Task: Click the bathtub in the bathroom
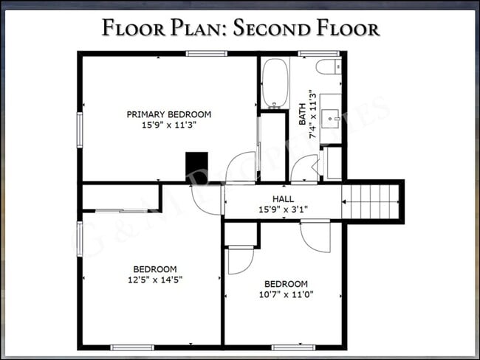(275, 83)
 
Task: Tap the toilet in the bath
(328, 68)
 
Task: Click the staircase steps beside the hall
(371, 201)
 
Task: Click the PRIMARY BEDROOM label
(169, 114)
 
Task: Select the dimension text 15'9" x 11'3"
(169, 125)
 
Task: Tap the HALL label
(283, 199)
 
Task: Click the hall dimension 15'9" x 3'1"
(283, 210)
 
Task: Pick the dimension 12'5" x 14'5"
(154, 279)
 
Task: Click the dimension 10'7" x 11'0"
(286, 294)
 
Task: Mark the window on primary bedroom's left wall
(80, 129)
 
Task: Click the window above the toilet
(318, 53)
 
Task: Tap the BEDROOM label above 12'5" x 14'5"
(154, 269)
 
